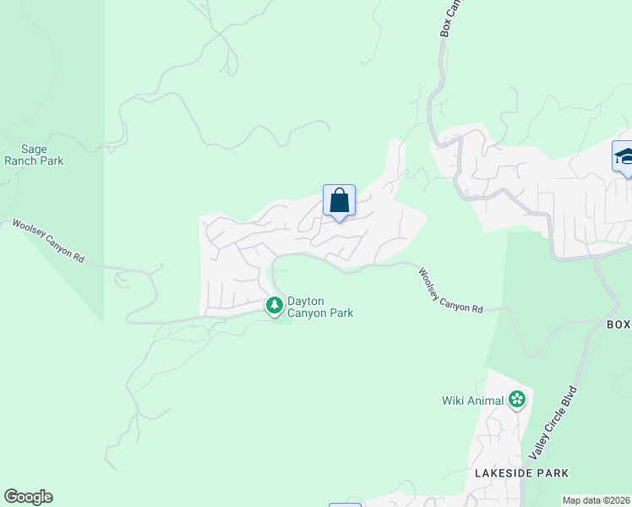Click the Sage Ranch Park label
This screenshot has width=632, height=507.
34,154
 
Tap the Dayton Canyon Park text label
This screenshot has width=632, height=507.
319,307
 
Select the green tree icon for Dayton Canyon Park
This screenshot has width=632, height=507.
274,306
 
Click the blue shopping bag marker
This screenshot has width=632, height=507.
339,202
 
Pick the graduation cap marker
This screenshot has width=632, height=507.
624,157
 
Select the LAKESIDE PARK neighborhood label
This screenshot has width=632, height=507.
520,473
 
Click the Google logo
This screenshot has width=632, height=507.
28,497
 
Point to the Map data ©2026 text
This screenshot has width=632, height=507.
597,500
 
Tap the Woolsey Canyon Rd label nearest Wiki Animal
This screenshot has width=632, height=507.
450,291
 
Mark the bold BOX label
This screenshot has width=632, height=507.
618,324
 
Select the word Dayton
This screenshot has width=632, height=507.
306,301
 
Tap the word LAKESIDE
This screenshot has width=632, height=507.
504,473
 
